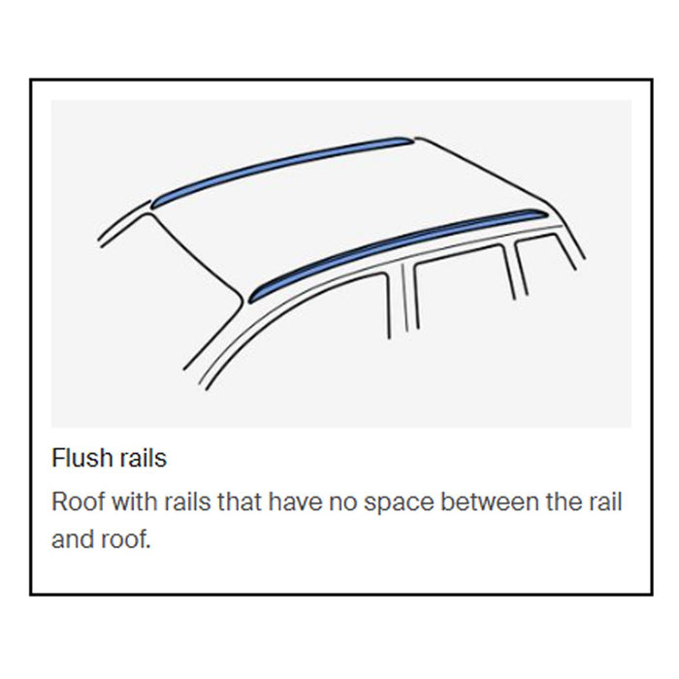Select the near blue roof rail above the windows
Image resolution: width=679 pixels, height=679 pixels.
pyautogui.click(x=398, y=247)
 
